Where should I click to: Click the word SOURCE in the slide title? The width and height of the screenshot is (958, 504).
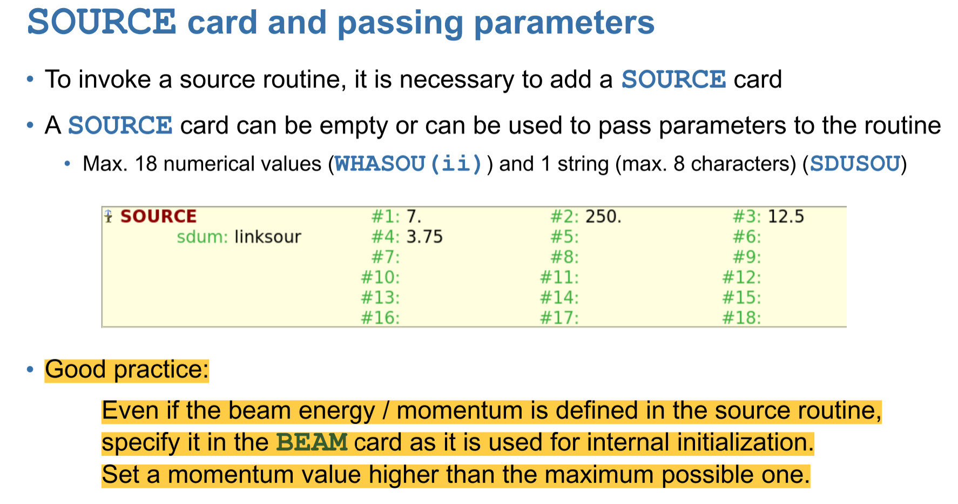point(102,22)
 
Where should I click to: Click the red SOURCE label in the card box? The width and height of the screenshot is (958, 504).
point(158,216)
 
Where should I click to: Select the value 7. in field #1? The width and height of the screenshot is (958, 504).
point(414,216)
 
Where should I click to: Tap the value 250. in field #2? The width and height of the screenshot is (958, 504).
point(604,216)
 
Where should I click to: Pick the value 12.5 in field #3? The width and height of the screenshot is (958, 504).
point(786,216)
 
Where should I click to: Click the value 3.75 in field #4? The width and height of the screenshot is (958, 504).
point(424,237)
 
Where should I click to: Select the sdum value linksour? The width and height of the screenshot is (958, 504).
point(268,237)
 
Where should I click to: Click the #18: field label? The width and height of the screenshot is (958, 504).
point(742,318)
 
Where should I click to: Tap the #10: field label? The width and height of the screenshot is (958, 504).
point(381,277)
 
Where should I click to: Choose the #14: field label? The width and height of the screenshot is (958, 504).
point(559,298)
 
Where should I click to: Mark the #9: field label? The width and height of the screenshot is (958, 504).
point(747,257)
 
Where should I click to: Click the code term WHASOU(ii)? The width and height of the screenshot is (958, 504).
point(408,164)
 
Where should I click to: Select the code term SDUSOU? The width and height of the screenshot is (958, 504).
point(855,164)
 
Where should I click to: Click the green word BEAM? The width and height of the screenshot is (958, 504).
point(312,442)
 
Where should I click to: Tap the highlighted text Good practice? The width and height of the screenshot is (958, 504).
point(127,370)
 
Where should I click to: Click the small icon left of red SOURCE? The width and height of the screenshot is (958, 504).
point(109,216)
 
